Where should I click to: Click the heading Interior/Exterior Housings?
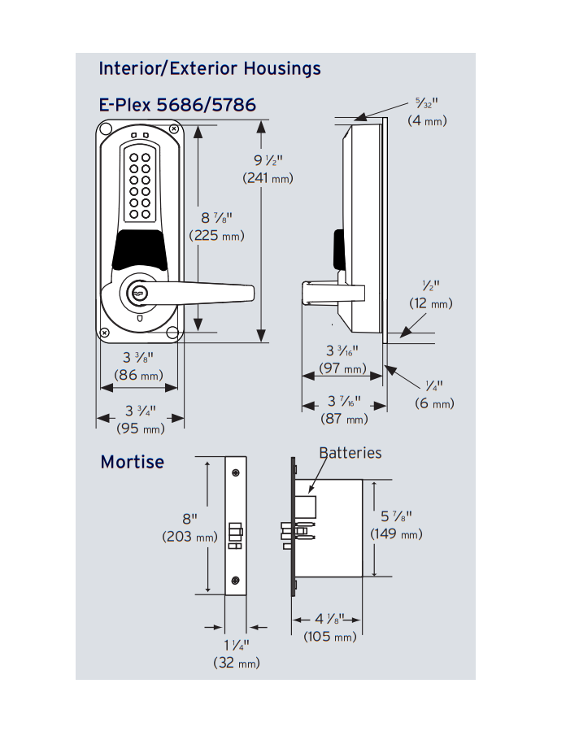coord(210,68)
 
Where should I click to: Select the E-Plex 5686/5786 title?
coord(177,105)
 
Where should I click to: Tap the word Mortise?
coord(132,462)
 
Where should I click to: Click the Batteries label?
coord(350,453)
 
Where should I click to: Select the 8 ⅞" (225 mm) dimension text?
coord(216,226)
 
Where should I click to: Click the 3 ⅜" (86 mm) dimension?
coord(140,367)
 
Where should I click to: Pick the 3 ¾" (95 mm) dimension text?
coord(140,419)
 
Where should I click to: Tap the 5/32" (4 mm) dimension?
coord(427,111)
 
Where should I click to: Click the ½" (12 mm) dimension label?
coord(430,294)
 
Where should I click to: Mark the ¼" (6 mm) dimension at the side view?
coord(433,394)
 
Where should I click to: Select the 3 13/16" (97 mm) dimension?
coord(342,359)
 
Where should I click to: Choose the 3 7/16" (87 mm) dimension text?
coord(344,410)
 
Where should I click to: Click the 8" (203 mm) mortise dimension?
coord(189,527)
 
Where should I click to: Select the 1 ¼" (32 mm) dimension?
coord(237,654)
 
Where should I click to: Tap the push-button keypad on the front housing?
coord(137,185)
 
